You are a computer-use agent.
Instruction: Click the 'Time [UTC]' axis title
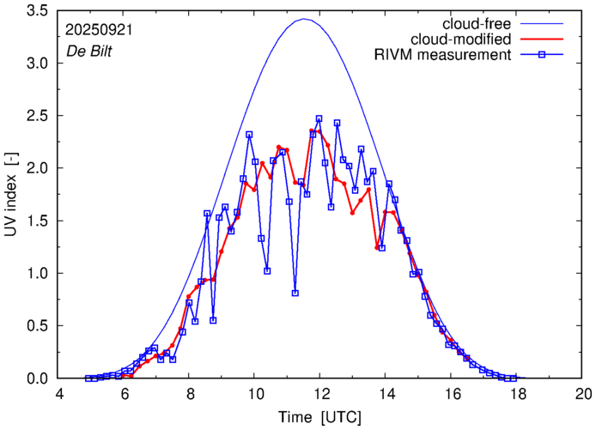point(320,416)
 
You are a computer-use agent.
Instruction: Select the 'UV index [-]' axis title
point(11,193)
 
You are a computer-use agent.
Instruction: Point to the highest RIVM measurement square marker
point(319,119)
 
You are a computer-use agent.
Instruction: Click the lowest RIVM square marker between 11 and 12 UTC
point(295,293)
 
